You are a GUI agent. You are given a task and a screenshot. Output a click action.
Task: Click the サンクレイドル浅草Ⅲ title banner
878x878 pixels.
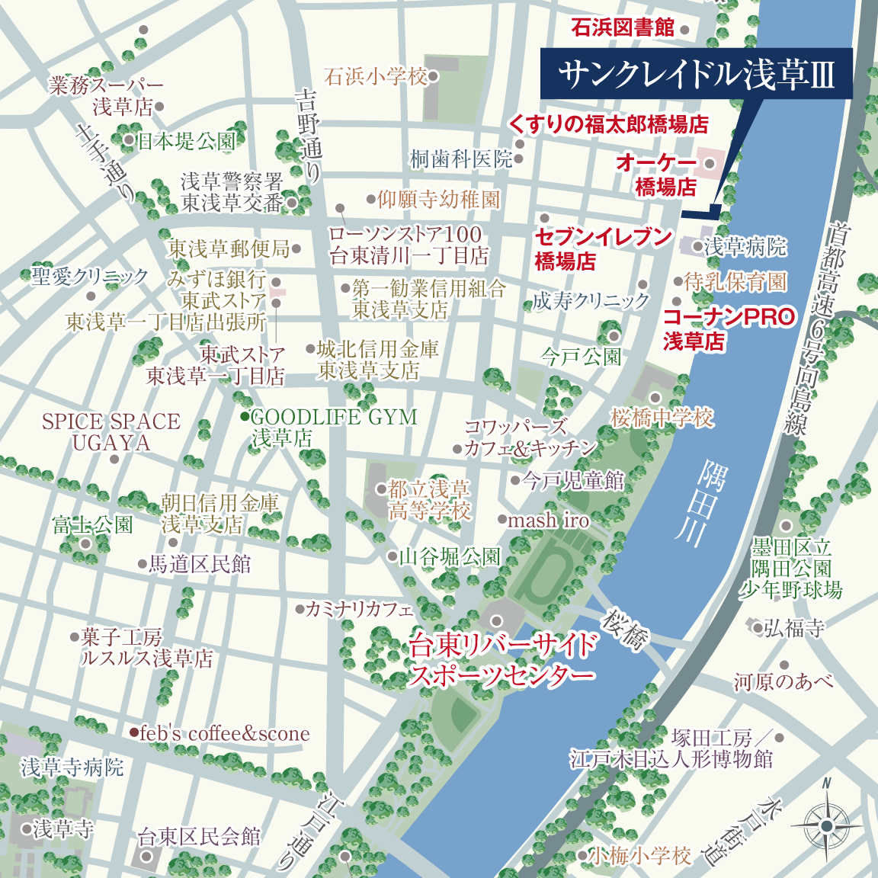click(697, 75)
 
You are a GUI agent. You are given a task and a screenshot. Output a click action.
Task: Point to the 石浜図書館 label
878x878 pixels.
click(623, 28)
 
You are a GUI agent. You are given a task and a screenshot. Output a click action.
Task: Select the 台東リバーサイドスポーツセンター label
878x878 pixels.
click(501, 660)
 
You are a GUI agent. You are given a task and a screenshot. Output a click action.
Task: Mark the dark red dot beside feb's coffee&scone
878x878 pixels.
click(134, 732)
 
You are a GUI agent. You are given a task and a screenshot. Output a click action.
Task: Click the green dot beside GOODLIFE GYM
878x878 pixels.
click(244, 417)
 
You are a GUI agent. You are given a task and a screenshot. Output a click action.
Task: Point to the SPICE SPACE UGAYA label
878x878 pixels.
click(111, 432)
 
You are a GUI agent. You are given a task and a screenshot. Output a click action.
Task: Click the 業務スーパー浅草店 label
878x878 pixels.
click(107, 96)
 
